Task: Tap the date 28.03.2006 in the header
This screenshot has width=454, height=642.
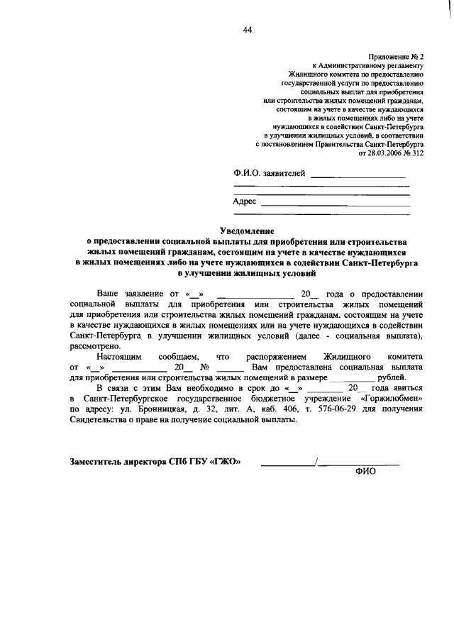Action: point(386,153)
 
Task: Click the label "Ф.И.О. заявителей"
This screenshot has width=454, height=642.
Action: point(270,172)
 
